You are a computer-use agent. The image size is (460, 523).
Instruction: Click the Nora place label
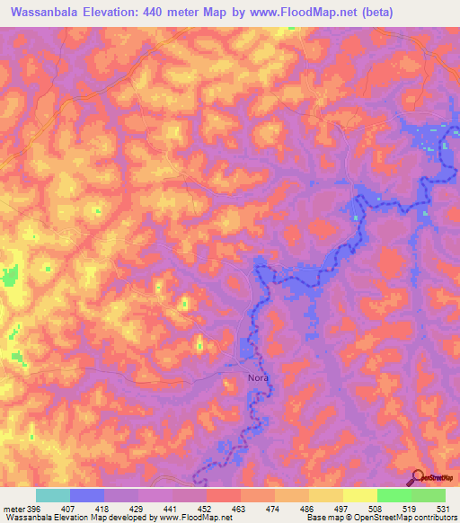pos(258,378)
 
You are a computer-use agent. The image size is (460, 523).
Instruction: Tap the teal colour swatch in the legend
pos(53,495)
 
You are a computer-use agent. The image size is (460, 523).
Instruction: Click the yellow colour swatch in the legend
pos(359,495)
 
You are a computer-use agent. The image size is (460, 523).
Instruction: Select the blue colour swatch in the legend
pos(87,495)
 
